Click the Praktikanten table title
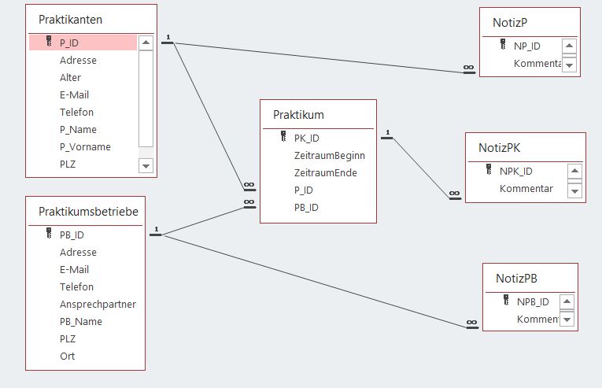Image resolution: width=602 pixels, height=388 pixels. click(x=70, y=20)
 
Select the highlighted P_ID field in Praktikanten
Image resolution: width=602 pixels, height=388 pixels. click(x=69, y=43)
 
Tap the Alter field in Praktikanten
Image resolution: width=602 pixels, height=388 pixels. click(x=70, y=78)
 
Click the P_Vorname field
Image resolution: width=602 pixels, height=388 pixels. click(x=85, y=146)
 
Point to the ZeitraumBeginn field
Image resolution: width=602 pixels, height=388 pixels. click(x=330, y=156)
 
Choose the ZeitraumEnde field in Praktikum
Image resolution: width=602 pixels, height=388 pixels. click(x=326, y=173)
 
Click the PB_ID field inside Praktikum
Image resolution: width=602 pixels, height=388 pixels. click(x=306, y=208)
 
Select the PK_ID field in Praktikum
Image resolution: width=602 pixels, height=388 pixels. click(x=306, y=139)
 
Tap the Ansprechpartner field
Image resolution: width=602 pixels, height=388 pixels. click(x=98, y=305)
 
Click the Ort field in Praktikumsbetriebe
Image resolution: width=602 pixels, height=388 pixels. click(x=67, y=356)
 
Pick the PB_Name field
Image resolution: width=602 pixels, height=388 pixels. click(x=80, y=322)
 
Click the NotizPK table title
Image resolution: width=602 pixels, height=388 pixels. click(x=499, y=148)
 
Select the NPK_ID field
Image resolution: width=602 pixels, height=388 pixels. click(x=515, y=172)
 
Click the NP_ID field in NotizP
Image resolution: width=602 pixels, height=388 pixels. click(x=526, y=46)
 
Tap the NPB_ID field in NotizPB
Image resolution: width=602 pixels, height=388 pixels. click(x=533, y=302)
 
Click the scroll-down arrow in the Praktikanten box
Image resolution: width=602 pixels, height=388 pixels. click(x=146, y=166)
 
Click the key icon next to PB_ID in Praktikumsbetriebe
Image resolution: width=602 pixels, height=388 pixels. click(x=49, y=233)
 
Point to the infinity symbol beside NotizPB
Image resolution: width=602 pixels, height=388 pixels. click(x=472, y=323)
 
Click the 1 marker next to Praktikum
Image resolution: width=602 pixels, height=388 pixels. click(x=388, y=132)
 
